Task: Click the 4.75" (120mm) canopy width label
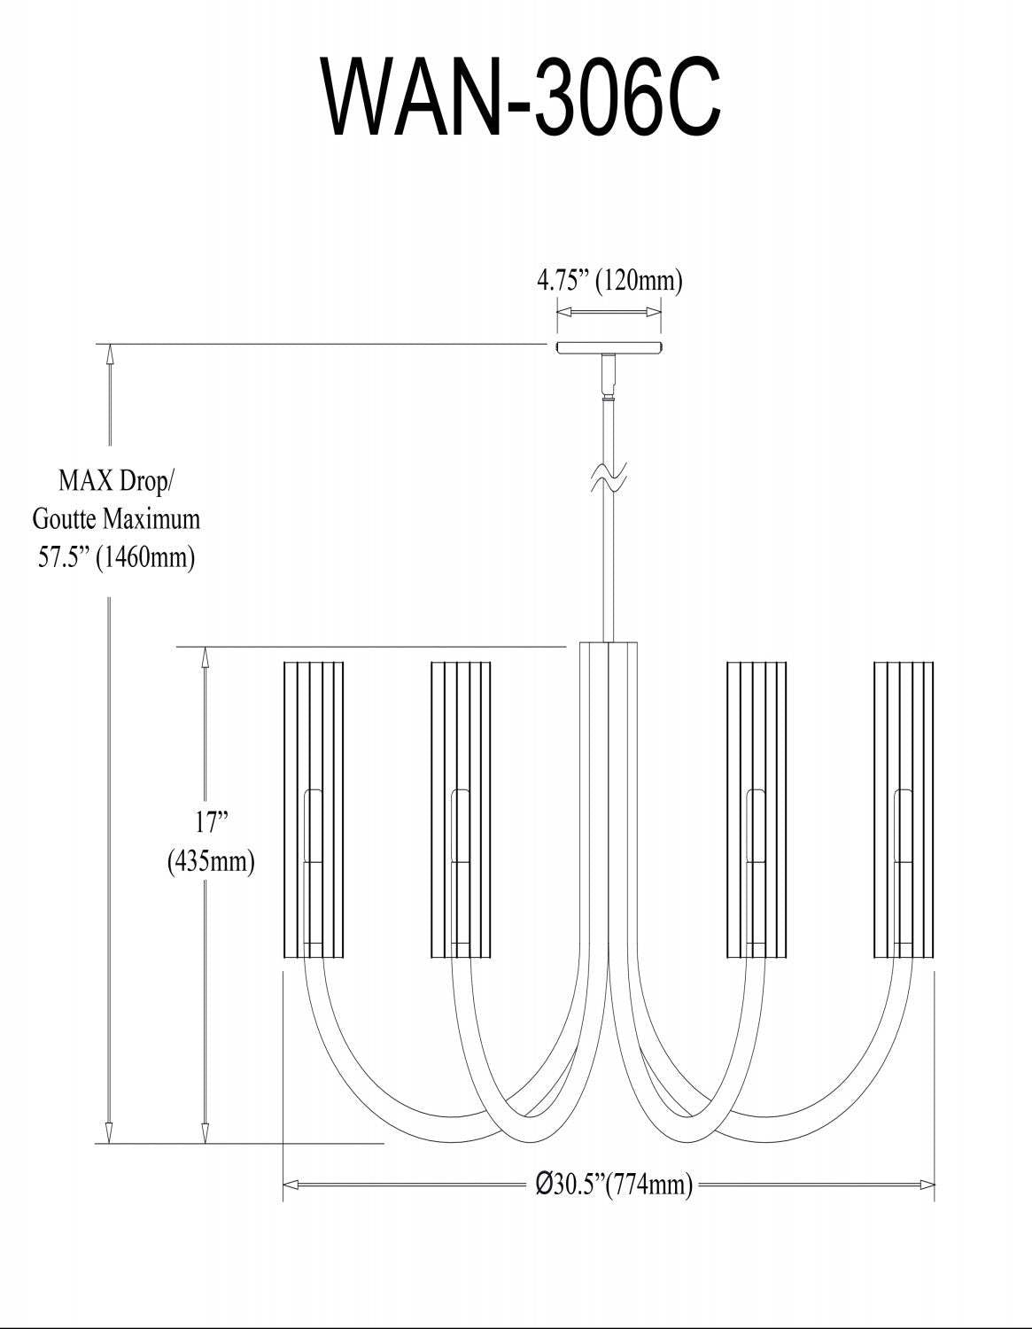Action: (x=609, y=282)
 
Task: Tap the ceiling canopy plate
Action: (x=609, y=347)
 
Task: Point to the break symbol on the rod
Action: (x=609, y=479)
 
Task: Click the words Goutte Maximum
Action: (x=116, y=518)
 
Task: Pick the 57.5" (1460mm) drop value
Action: (x=116, y=557)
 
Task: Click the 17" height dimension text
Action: (x=212, y=822)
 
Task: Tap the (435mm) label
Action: (x=212, y=860)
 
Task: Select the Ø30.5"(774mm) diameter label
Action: (x=614, y=1185)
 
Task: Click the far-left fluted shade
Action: (x=314, y=808)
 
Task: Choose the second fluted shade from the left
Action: (x=461, y=808)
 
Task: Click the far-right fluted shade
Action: (x=904, y=808)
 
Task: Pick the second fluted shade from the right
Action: (x=757, y=808)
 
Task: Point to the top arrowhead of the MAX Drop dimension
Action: (x=110, y=353)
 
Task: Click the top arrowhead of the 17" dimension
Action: (x=206, y=656)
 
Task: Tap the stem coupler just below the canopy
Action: (x=609, y=377)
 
